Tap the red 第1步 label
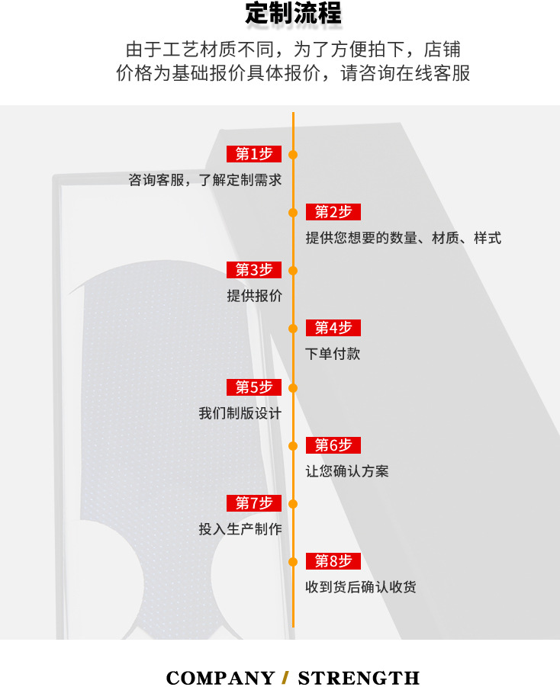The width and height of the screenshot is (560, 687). [x=254, y=154]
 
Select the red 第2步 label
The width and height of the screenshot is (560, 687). [x=333, y=212]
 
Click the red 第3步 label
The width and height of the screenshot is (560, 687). [x=254, y=270]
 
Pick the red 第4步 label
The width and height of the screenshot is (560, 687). [x=333, y=328]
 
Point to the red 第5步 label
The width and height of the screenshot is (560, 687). [x=254, y=387]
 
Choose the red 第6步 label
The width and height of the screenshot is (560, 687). [x=333, y=445]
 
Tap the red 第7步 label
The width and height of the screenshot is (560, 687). [x=254, y=503]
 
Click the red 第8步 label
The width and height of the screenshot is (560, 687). [x=333, y=561]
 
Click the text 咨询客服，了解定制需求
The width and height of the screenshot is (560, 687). [x=205, y=181]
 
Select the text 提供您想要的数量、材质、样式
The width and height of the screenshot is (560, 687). [x=403, y=238]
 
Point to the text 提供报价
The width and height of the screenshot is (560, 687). [x=254, y=296]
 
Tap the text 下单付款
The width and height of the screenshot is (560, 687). [x=333, y=354]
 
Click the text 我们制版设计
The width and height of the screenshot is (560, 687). [x=240, y=413]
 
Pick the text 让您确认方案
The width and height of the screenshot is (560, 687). [x=347, y=471]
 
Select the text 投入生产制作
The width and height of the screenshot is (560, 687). [x=240, y=529]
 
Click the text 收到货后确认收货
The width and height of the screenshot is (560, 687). [x=361, y=587]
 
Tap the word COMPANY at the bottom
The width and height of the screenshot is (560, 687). [x=220, y=678]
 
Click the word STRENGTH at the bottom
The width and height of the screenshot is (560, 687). [x=359, y=678]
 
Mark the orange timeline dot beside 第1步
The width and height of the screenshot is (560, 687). [x=293, y=155]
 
